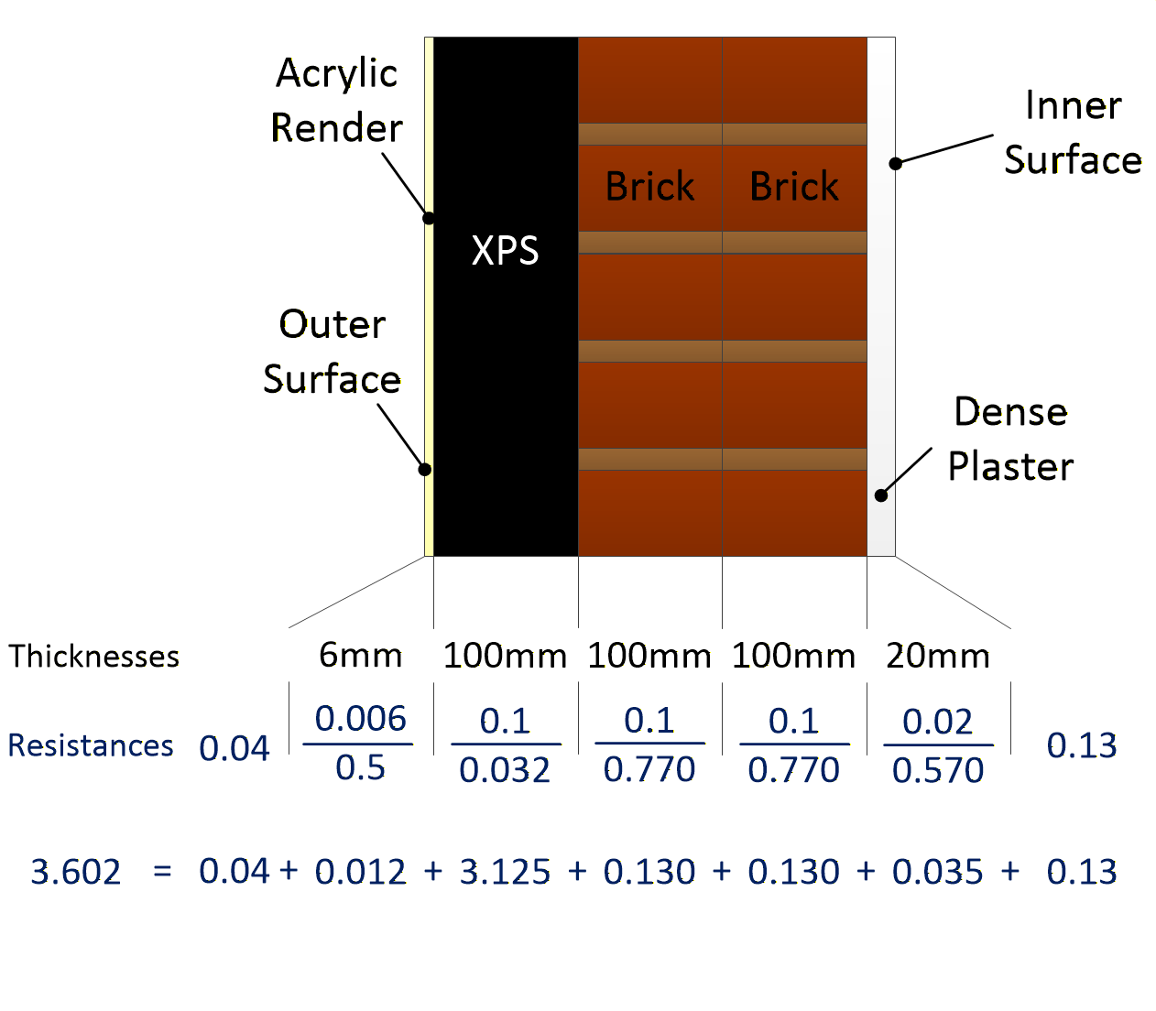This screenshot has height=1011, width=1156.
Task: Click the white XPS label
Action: pyautogui.click(x=505, y=250)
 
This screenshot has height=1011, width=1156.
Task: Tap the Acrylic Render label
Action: pyautogui.click(x=336, y=100)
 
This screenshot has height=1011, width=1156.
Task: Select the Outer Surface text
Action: pyautogui.click(x=332, y=352)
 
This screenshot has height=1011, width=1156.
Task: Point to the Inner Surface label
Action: pyautogui.click(x=1073, y=133)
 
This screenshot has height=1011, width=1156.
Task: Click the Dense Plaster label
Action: pyautogui.click(x=1010, y=439)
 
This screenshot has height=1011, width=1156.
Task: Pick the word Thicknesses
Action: pyautogui.click(x=94, y=657)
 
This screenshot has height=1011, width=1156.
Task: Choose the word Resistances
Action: pyautogui.click(x=91, y=745)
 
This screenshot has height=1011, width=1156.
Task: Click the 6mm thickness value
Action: pyautogui.click(x=360, y=656)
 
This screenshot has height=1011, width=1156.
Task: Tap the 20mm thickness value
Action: pyautogui.click(x=938, y=657)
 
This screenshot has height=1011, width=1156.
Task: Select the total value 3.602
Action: pyautogui.click(x=76, y=872)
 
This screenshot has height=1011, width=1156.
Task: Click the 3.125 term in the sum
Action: pyautogui.click(x=505, y=872)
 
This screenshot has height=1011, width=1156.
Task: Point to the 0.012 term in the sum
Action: pyautogui.click(x=360, y=872)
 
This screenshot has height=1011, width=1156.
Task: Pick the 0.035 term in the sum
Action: pyautogui.click(x=937, y=872)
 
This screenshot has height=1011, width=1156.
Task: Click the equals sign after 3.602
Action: pyautogui.click(x=163, y=871)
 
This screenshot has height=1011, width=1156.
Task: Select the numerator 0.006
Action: pyautogui.click(x=360, y=719)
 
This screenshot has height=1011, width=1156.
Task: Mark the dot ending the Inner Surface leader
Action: pyautogui.click(x=896, y=164)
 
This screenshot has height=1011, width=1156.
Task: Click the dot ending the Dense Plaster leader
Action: pyautogui.click(x=881, y=495)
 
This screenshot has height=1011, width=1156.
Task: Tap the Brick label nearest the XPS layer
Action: pyautogui.click(x=649, y=187)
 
